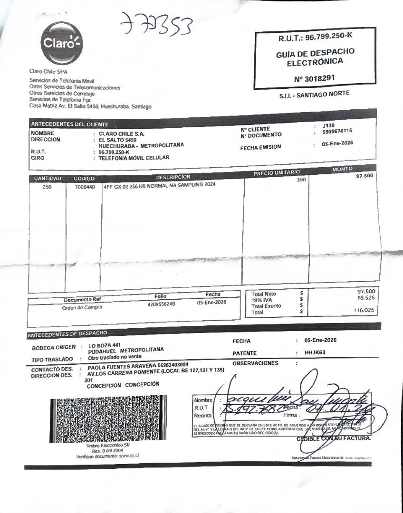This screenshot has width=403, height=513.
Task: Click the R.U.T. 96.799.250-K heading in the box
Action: point(316,37)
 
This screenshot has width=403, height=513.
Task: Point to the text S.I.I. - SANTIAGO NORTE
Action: point(314,95)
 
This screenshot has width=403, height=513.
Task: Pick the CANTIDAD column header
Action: point(48,179)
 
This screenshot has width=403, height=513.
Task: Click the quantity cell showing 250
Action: point(47,187)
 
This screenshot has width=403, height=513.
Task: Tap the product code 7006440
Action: point(85,187)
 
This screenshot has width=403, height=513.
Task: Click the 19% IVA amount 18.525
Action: point(366,297)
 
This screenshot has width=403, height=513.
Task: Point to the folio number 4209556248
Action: point(162,304)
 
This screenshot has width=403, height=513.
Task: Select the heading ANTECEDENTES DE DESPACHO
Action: point(67,334)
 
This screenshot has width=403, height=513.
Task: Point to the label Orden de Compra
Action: point(82,307)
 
